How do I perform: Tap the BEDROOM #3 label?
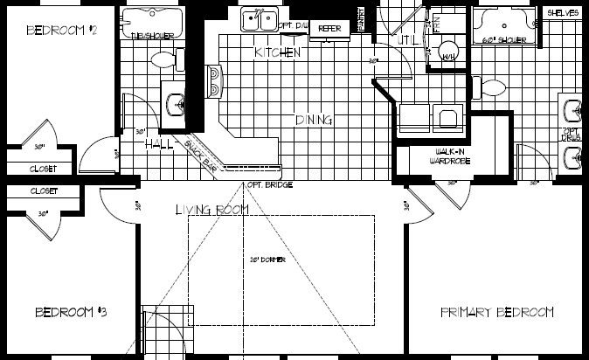click(71, 312)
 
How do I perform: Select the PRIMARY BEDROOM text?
click(496, 312)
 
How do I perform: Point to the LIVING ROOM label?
click(211, 210)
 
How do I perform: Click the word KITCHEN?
click(278, 53)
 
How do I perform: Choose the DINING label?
click(313, 120)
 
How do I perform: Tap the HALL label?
click(160, 143)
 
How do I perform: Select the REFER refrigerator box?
click(329, 29)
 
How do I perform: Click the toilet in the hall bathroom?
click(163, 59)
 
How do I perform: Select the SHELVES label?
click(563, 14)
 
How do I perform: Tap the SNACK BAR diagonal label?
click(202, 151)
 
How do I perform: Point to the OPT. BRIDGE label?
click(269, 185)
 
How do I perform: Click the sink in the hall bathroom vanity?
click(175, 102)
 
